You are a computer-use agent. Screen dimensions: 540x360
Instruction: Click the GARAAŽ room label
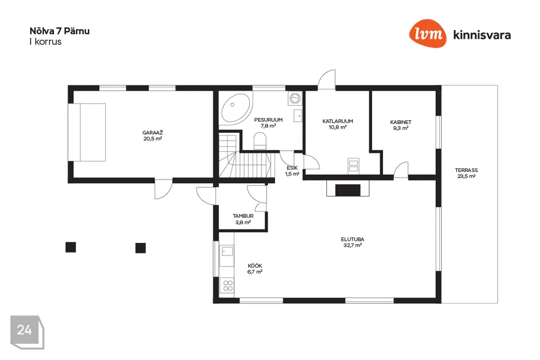point(152,133)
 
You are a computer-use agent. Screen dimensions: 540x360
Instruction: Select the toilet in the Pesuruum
point(260,142)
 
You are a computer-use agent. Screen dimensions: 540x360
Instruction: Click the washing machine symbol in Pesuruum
point(295,98)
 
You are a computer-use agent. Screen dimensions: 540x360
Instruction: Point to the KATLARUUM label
point(337,121)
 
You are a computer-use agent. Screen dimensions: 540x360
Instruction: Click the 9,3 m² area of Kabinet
point(401,128)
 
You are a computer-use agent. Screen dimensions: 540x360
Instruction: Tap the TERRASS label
point(466,170)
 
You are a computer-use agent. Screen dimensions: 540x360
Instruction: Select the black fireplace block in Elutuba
point(348,190)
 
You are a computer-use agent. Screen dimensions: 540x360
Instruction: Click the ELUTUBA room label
point(352,240)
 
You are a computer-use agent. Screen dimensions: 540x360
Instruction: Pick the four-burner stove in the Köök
point(228,286)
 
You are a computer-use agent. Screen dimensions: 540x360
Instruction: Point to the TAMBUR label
point(243,216)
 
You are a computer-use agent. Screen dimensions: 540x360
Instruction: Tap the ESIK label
point(292,168)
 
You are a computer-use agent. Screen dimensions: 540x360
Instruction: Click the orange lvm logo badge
point(427,33)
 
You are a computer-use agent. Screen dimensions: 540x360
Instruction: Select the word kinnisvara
point(482,35)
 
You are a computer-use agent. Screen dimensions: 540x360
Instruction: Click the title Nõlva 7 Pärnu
point(60,31)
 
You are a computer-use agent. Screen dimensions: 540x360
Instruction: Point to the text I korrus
point(46,42)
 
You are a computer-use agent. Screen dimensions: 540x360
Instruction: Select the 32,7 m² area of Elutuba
point(352,245)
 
